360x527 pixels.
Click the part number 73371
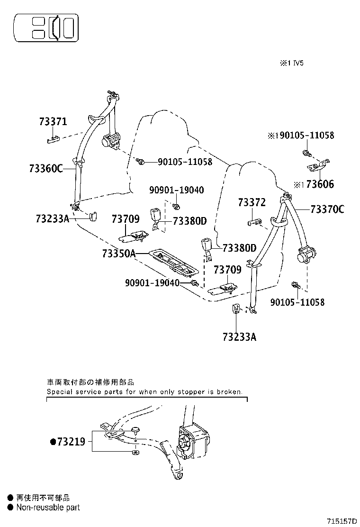(x=53, y=122)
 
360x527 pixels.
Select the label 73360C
(x=45, y=168)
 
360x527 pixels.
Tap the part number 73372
(x=252, y=202)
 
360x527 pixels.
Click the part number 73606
(x=320, y=184)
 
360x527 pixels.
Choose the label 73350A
(x=118, y=254)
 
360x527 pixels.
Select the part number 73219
(x=71, y=442)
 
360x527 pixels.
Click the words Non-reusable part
(x=48, y=508)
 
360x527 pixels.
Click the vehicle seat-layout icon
(x=46, y=28)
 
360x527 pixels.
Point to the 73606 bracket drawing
(x=317, y=165)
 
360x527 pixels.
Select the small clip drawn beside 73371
(x=52, y=139)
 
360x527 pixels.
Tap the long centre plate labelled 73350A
(x=173, y=264)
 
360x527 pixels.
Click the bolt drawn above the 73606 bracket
(x=306, y=153)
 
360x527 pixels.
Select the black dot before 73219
(x=53, y=442)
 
